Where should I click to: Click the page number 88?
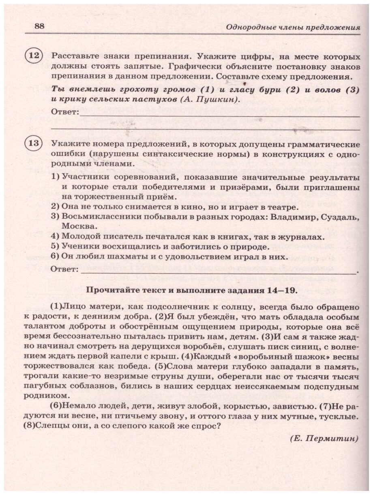(x=39, y=26)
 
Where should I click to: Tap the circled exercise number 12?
(x=34, y=56)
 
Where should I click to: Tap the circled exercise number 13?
(x=34, y=144)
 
